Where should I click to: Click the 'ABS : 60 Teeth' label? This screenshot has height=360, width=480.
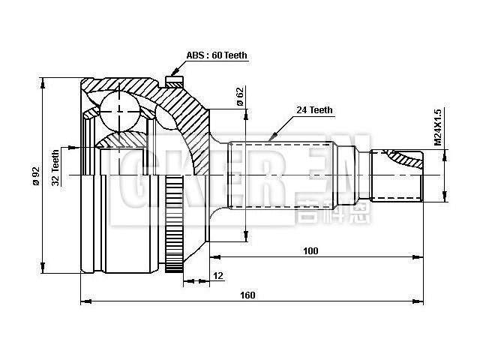tap(216, 55)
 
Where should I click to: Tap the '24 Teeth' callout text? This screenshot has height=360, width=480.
tap(314, 110)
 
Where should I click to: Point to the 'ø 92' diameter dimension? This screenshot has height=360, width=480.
tap(34, 175)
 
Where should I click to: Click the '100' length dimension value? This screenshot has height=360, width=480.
tap(311, 250)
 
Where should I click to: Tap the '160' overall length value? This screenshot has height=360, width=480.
tap(247, 295)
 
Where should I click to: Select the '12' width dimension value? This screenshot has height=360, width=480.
tap(218, 277)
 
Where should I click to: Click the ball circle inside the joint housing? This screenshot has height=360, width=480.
tap(120, 109)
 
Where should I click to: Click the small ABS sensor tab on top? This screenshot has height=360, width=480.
tap(174, 77)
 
